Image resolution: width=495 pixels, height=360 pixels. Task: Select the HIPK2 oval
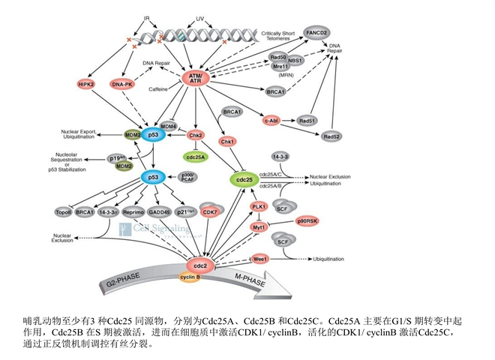[x=86, y=85]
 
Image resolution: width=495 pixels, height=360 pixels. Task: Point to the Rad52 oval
[x=332, y=136]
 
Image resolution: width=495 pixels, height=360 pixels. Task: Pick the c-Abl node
[x=271, y=119]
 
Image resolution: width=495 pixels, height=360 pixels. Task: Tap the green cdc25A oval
[x=196, y=157]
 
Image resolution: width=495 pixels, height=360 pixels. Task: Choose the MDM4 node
[x=169, y=127]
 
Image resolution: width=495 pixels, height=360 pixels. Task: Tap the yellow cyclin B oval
[x=188, y=277]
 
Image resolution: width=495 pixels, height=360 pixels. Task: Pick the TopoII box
[x=62, y=212]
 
